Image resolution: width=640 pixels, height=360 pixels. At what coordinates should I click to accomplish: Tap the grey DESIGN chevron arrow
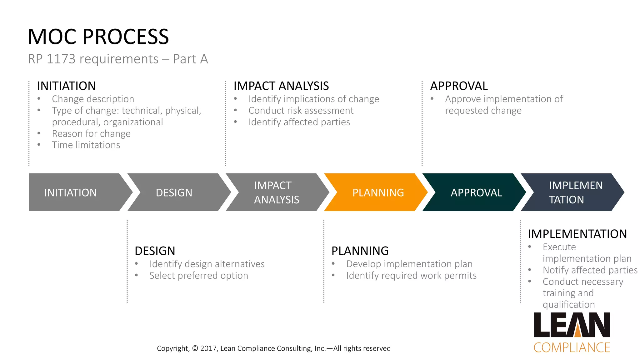pos(175,192)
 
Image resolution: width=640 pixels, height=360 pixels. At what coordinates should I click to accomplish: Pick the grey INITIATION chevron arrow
pos(72,192)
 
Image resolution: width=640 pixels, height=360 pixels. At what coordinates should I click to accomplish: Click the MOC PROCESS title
pos(98,37)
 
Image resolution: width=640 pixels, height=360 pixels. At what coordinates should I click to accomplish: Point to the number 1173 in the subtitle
pos(61,59)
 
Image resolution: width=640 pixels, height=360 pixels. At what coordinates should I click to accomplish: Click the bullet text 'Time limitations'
pos(86,145)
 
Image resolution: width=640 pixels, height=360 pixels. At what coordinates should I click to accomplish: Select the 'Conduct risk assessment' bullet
pos(301,111)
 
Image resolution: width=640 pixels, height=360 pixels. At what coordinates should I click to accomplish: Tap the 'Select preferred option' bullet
pos(199,276)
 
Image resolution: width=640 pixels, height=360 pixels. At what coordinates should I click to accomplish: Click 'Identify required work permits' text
pos(411,276)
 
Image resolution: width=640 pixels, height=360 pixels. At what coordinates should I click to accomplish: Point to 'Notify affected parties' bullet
pos(590,270)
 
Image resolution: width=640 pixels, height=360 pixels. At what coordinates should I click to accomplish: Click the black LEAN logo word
pos(572,325)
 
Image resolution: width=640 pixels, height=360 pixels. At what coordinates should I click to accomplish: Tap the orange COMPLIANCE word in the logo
pos(572,348)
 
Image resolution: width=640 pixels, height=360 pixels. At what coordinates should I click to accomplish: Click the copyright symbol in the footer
pos(195,348)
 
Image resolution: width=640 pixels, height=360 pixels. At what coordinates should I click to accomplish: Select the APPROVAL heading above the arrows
pos(459,86)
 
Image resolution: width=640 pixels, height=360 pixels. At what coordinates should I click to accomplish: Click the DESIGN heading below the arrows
pos(155,251)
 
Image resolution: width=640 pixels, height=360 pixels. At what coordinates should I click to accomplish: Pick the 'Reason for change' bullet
pos(91,134)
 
